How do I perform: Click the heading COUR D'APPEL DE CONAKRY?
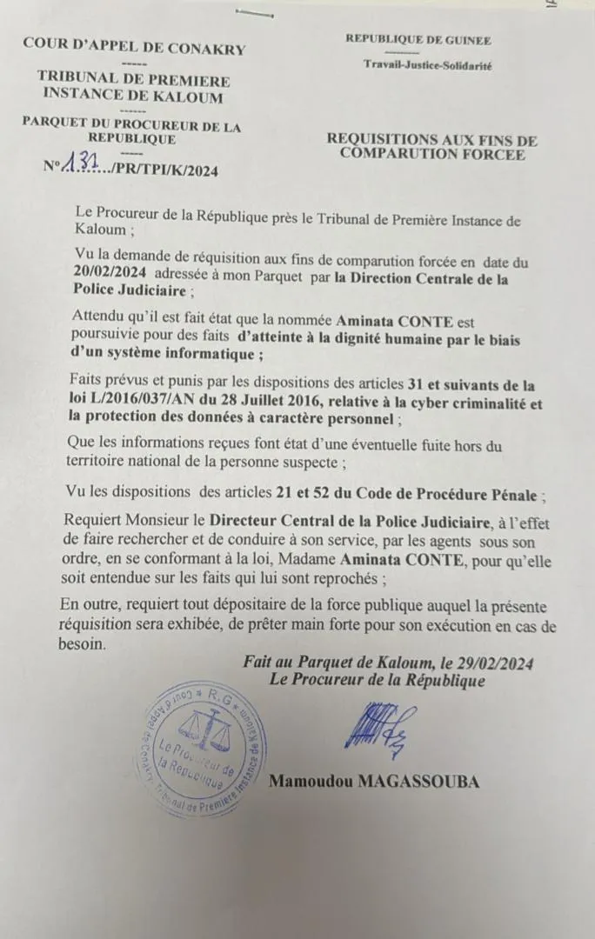pyautogui.click(x=134, y=49)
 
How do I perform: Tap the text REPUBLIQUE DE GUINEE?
pyautogui.click(x=418, y=39)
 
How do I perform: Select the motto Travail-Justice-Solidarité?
pyautogui.click(x=427, y=65)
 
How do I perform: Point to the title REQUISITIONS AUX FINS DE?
pyautogui.click(x=432, y=140)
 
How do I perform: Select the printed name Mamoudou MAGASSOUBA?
pyautogui.click(x=373, y=782)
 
